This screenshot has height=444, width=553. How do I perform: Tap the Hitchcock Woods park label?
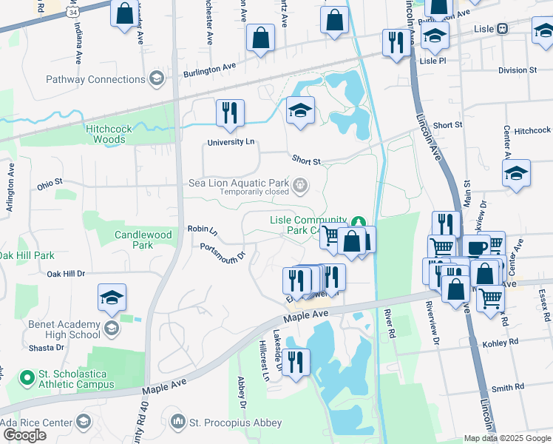click(x=109, y=134)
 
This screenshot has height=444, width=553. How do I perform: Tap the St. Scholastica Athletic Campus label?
click(x=77, y=379)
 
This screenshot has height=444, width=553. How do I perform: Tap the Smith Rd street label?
click(x=507, y=387)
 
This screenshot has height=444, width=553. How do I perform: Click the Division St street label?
click(x=517, y=70)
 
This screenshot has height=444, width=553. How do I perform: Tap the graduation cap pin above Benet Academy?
click(x=112, y=297)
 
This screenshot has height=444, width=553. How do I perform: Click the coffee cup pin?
click(x=476, y=248)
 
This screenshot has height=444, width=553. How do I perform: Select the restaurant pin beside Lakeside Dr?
click(x=296, y=363)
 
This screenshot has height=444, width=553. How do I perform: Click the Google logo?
click(x=24, y=434)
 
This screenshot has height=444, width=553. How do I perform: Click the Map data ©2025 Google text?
click(x=507, y=438)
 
